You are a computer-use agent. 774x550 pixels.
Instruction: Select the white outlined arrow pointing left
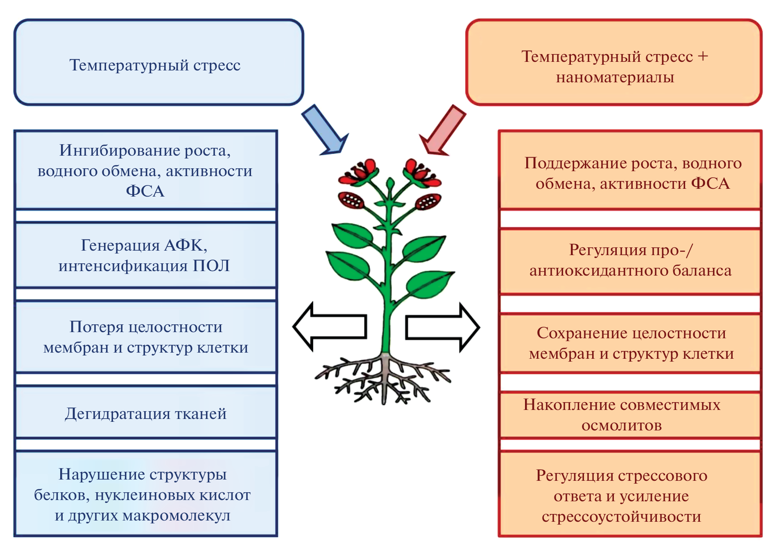coord(330,326)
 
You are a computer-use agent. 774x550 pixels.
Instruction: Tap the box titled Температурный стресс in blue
coord(158,62)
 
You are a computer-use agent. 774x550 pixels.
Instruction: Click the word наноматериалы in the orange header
coord(615,77)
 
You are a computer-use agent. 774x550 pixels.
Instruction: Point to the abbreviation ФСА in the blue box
coord(145,191)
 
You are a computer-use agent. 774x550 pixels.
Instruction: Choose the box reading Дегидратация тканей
coord(146,413)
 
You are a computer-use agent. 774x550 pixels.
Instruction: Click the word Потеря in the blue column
coord(97,327)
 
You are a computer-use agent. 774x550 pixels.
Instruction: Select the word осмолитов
coord(621,426)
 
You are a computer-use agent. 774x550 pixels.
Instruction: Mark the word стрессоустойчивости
coord(621,517)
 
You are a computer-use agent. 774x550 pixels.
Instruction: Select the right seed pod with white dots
coord(428,201)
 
